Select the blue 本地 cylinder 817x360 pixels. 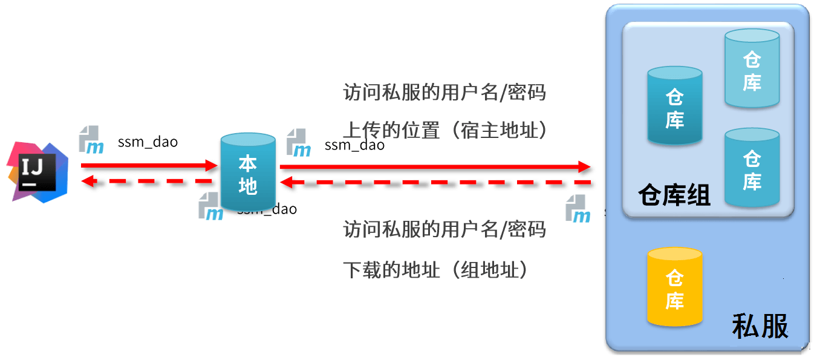tap(248, 173)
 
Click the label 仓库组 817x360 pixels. tap(674, 195)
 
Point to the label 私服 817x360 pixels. tap(760, 326)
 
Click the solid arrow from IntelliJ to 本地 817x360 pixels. tap(148, 165)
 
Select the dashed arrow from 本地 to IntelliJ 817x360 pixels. tap(148, 180)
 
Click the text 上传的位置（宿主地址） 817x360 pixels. tap(444, 130)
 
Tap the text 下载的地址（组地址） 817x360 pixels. tap(435, 270)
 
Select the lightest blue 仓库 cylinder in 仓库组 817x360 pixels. tap(752, 69)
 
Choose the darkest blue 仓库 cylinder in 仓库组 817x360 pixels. tap(674, 106)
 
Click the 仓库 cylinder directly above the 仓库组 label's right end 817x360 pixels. tap(752, 168)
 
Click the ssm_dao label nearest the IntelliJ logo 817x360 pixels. tap(148, 142)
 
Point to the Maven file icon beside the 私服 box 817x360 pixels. tap(578, 209)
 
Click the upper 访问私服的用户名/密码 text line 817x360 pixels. tap(444, 93)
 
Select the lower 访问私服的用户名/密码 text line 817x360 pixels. tap(444, 229)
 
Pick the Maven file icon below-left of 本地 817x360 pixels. tap(211, 206)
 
